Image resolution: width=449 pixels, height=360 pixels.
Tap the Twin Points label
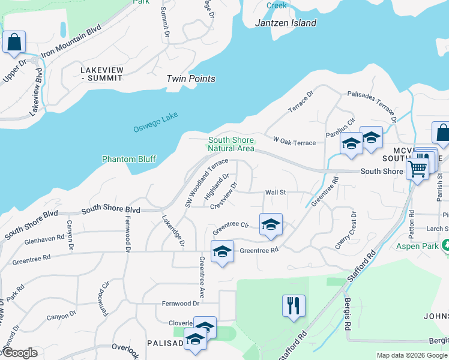190,79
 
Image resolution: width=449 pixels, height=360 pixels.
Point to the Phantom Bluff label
129,159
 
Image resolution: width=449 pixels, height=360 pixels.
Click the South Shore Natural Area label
231,144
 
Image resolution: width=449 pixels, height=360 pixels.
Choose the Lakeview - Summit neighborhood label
102,74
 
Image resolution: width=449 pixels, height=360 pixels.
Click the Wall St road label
276,193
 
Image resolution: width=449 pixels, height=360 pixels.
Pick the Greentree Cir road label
231,227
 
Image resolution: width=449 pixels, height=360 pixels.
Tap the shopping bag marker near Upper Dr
14,43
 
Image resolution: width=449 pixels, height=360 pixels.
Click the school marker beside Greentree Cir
271,225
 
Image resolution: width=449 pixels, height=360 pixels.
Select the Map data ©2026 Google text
411,355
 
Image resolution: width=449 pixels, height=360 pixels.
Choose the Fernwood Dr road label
176,304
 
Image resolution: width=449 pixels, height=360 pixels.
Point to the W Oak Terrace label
294,142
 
